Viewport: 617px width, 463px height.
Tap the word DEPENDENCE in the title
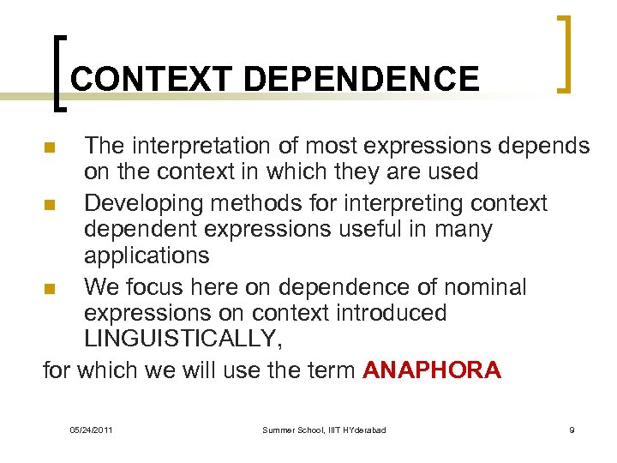(x=362, y=79)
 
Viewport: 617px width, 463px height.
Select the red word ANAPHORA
(x=433, y=370)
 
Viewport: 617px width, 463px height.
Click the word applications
(x=147, y=255)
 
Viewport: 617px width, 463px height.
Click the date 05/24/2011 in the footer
(x=91, y=430)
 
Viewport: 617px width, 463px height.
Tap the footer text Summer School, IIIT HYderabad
(x=324, y=430)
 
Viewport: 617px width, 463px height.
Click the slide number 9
(x=572, y=430)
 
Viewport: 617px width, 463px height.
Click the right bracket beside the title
(x=564, y=53)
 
